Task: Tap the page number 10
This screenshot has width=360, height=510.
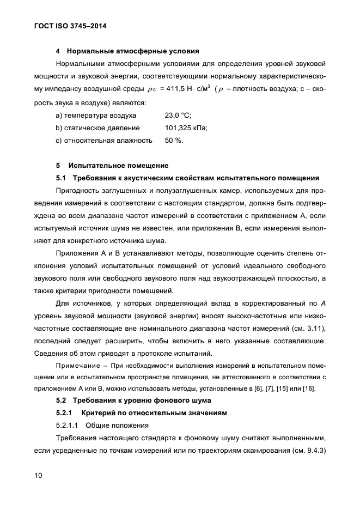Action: tap(37, 475)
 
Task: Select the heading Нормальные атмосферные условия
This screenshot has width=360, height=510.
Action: tap(133, 52)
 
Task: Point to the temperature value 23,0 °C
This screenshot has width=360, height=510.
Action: tap(178, 116)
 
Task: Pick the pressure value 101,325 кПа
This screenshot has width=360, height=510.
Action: tap(186, 128)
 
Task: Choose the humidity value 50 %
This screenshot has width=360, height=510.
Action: tap(174, 141)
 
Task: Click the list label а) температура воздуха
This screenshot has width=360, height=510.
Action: tap(92, 116)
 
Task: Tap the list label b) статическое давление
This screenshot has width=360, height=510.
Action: tap(97, 128)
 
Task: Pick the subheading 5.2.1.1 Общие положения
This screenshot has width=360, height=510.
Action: tap(93, 426)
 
